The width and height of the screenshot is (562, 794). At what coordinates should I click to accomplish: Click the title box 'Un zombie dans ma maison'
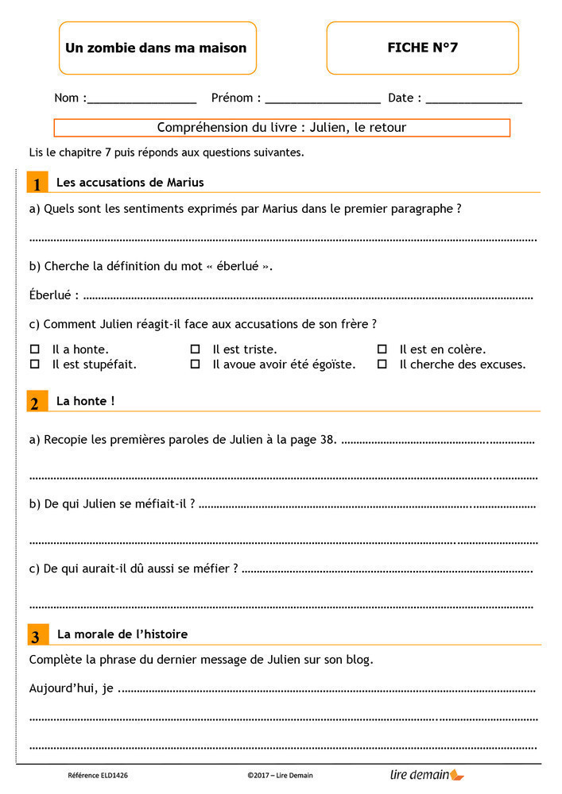[x=156, y=48]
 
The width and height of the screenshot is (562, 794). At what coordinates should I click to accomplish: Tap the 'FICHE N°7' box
[x=422, y=48]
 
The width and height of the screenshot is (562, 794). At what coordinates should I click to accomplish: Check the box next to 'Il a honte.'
[x=34, y=349]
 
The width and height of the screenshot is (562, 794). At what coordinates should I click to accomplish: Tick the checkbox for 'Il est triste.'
[x=195, y=349]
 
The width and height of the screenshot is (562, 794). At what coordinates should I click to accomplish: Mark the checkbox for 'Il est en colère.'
[x=382, y=349]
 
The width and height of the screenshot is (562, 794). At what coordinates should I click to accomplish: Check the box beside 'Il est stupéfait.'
[x=34, y=364]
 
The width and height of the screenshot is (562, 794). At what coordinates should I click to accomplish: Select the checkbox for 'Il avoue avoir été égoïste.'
[x=195, y=364]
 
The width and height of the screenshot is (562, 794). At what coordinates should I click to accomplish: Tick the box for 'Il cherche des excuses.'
[x=382, y=364]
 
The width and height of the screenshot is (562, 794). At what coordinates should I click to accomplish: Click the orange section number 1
[x=36, y=183]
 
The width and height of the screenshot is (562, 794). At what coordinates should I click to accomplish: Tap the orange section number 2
[x=36, y=403]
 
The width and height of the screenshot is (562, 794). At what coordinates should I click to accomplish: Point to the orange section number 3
[x=36, y=636]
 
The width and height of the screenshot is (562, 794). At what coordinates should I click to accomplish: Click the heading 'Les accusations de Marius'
[x=130, y=183]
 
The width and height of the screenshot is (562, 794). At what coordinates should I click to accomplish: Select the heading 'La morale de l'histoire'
[x=122, y=634]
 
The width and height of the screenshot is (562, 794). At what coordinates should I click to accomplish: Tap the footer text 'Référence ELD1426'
[x=98, y=775]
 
